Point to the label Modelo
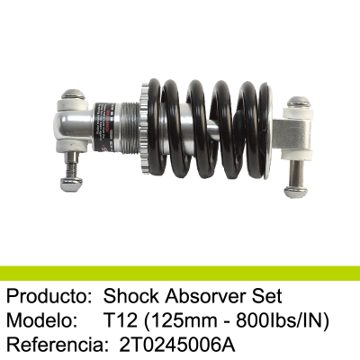(40, 320)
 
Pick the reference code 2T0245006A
(176, 345)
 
